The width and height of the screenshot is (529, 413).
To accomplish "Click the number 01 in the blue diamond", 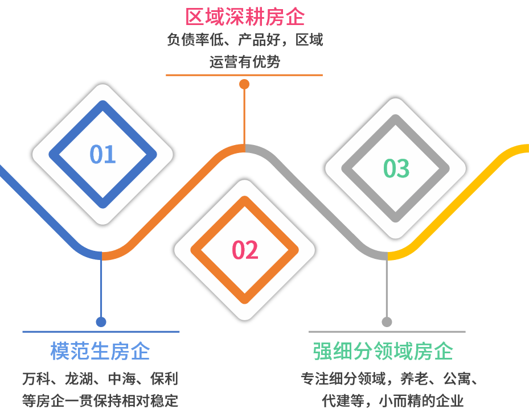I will (102, 154).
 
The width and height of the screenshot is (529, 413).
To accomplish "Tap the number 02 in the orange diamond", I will (245, 250).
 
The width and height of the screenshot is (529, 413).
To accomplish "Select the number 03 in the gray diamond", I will (396, 168).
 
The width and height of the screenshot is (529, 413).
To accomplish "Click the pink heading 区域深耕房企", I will (244, 17).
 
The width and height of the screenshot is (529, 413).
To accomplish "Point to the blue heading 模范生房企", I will (100, 351).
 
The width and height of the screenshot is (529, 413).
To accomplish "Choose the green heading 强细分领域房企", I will (383, 351).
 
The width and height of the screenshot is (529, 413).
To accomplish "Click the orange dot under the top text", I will (244, 84).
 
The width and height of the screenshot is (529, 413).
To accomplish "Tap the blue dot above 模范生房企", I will (101, 322).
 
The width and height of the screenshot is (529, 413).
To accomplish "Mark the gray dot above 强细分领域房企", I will (387, 322).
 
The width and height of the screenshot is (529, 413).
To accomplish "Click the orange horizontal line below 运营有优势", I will (244, 75).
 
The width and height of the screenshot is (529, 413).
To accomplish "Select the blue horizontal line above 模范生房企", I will (101, 331).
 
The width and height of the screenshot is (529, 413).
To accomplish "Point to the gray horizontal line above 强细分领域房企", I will (387, 331).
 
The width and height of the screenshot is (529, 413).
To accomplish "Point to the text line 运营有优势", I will (244, 61).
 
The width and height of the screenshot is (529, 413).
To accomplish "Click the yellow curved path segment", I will (467, 193).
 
